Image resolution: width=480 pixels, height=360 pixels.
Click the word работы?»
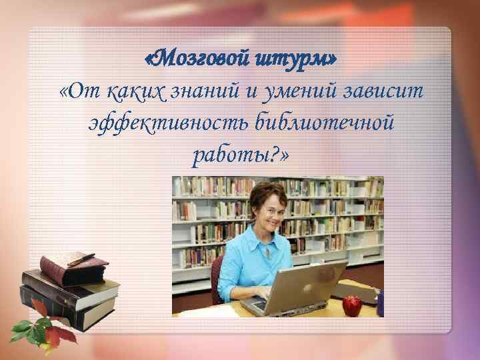click(240, 155)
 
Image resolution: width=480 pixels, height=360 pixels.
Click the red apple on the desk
click(352, 306)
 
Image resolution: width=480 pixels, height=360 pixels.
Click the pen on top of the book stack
click(81, 258)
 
